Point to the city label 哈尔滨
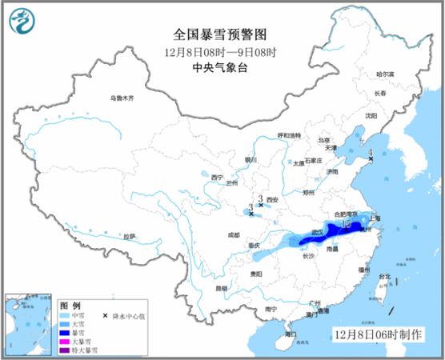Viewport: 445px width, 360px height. click(x=386, y=73)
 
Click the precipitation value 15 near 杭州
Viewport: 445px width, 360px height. click(x=346, y=223)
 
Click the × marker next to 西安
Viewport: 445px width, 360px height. click(x=261, y=205)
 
